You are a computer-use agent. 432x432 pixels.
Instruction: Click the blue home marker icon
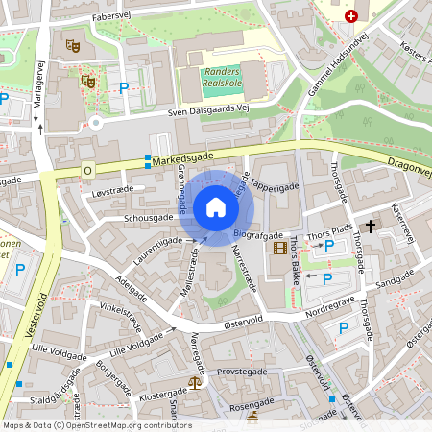[x=215, y=207]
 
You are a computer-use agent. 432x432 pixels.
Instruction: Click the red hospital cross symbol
[x=351, y=16]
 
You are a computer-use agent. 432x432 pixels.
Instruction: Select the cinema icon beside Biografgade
[x=279, y=249]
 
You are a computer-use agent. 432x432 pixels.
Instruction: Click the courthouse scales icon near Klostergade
[x=197, y=381]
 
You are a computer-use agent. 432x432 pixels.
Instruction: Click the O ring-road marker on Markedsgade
[x=87, y=170]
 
